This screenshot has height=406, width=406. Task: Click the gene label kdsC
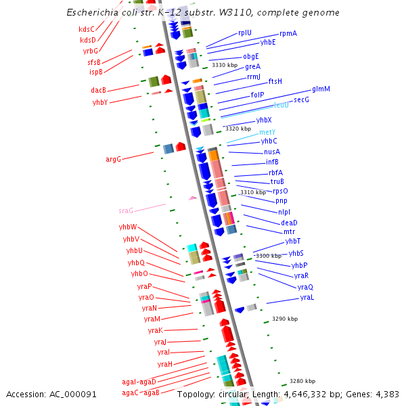[87, 29]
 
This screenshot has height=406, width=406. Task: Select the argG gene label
[113, 160]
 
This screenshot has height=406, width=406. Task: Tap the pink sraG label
[126, 210]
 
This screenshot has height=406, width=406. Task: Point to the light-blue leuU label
[281, 106]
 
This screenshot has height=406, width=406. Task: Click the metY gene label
[267, 132]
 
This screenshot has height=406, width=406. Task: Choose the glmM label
[321, 89]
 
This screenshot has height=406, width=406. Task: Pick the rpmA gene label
[288, 34]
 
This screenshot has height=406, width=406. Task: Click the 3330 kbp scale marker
[225, 66]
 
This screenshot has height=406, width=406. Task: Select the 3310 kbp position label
[253, 192]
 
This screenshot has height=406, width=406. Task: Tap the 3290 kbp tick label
[285, 318]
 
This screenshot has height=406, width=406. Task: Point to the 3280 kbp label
[302, 381]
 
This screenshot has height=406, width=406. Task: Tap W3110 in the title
[254, 13]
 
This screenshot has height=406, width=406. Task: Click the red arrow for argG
[181, 147]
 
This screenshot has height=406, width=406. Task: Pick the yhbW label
[128, 227]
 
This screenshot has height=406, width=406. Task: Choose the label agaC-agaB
[141, 392]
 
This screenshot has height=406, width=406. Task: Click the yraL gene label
[307, 298]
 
